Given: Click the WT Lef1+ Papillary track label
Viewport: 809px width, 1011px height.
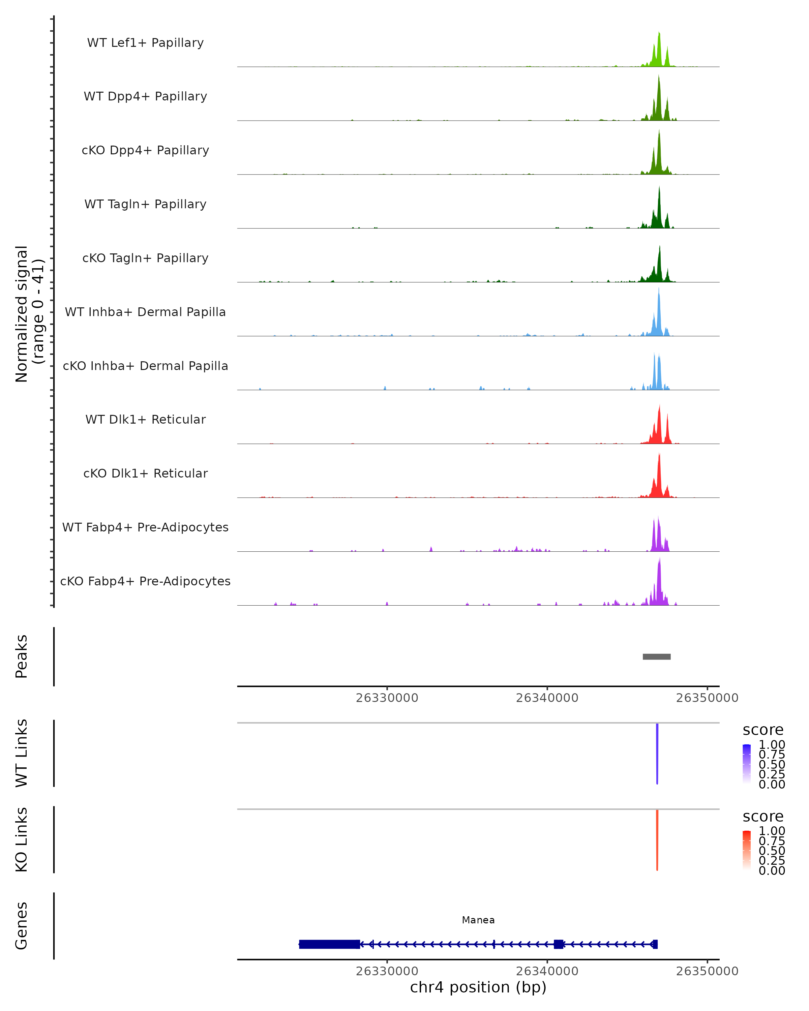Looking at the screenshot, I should [x=145, y=43].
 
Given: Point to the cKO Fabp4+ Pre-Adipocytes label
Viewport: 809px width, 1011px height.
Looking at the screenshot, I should [x=145, y=581].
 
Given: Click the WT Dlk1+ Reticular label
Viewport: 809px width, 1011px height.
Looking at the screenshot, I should [x=145, y=419].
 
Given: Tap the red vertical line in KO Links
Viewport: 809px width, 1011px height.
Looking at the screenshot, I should [x=657, y=840].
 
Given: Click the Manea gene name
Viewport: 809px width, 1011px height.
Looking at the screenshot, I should [x=478, y=920].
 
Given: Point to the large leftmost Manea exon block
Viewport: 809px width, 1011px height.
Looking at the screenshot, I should [x=329, y=944].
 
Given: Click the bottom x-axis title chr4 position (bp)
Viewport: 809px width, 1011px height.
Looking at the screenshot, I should [x=478, y=987].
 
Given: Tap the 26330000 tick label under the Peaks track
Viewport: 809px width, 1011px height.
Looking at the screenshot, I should [x=387, y=698].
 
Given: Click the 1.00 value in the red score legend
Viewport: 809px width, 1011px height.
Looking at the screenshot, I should [x=772, y=831].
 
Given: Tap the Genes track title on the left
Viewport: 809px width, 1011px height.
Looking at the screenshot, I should [x=21, y=926].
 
